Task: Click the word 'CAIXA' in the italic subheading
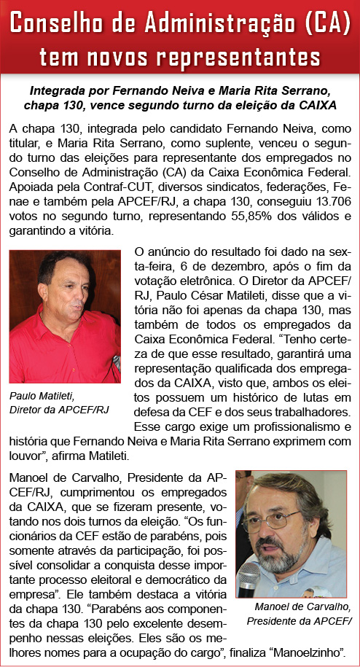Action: tap(324, 106)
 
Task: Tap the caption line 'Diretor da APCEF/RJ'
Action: tap(58, 410)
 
